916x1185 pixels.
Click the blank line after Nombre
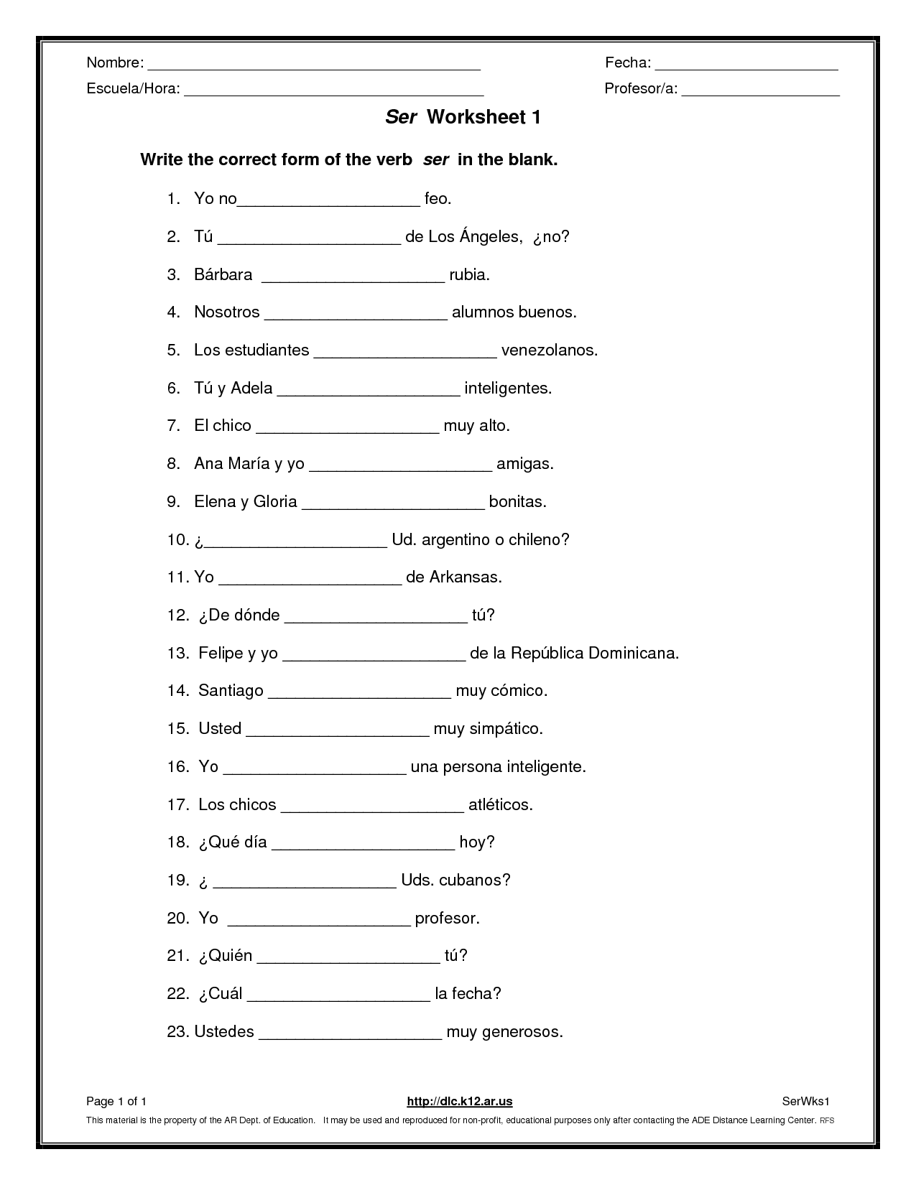[x=314, y=67]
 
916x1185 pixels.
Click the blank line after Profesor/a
[x=760, y=93]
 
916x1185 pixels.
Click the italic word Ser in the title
[x=401, y=118]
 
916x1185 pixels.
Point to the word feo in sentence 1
[x=438, y=199]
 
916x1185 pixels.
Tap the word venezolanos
[x=549, y=350]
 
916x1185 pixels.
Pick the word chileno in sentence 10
[x=538, y=539]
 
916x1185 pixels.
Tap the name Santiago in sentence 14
[x=231, y=691]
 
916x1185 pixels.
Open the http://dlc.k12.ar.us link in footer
[x=460, y=1102]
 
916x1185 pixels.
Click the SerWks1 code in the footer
[x=805, y=1102]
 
